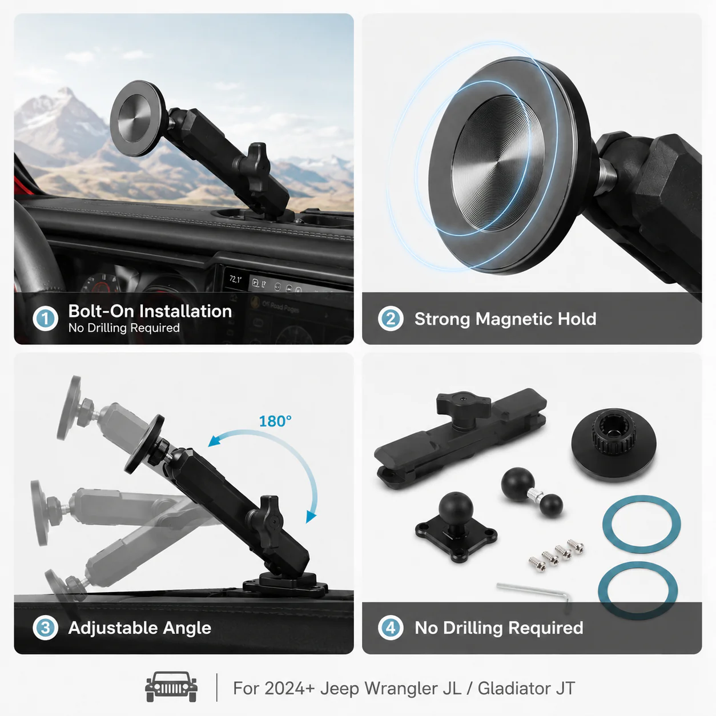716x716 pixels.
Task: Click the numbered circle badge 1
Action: click(45, 319)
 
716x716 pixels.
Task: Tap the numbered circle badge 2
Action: click(391, 319)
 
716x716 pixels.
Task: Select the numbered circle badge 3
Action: click(45, 627)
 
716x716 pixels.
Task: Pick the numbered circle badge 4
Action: click(391, 627)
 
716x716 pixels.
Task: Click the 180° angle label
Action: click(275, 421)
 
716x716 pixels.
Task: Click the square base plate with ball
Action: click(456, 526)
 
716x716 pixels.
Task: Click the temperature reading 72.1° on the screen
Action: click(235, 279)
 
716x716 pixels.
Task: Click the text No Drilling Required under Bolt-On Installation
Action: click(124, 328)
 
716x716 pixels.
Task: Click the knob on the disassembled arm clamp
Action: click(463, 407)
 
